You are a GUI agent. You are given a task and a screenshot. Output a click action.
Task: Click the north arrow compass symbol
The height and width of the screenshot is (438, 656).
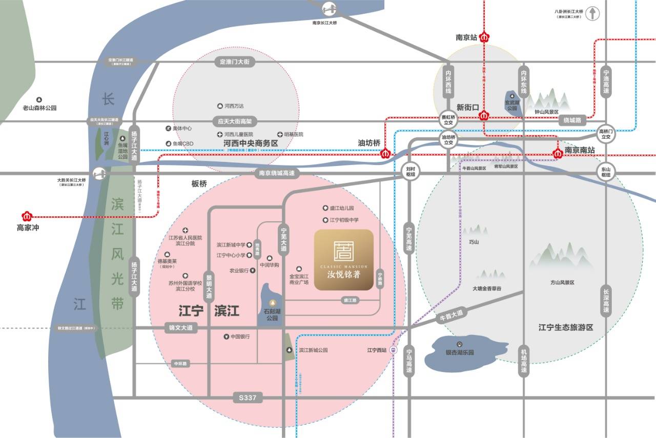click(592, 13)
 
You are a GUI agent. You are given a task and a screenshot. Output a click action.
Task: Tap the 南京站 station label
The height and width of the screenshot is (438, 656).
click(466, 37)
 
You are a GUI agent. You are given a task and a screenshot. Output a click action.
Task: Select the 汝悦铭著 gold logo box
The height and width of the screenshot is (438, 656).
click(344, 260)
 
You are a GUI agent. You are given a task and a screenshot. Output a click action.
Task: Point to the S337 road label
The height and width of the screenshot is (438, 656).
click(248, 397)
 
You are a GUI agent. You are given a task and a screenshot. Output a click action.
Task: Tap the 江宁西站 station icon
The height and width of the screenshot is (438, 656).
click(393, 350)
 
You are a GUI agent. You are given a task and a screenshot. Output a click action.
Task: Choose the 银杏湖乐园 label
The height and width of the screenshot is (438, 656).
click(460, 352)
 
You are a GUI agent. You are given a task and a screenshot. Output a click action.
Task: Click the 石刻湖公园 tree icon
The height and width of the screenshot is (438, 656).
click(273, 302)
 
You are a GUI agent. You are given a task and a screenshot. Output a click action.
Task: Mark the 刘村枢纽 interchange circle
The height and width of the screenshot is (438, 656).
click(409, 171)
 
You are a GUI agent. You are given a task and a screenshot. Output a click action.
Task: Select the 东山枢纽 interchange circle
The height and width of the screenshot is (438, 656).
click(606, 172)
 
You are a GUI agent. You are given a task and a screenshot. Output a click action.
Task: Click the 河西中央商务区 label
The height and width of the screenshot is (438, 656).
click(251, 143)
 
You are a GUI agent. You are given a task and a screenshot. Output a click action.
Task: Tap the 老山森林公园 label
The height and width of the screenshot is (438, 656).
click(39, 108)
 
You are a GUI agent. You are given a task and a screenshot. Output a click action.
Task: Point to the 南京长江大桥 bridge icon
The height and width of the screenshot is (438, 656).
click(328, 9)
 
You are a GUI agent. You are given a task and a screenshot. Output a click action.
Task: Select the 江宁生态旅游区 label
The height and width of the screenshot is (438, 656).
click(565, 327)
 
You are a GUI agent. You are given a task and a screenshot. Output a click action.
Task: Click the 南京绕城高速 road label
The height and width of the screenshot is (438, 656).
click(277, 174)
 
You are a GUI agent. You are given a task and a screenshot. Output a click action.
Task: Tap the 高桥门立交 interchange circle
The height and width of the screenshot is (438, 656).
click(606, 134)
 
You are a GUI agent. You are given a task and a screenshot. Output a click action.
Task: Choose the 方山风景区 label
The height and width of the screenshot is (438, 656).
click(562, 282)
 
